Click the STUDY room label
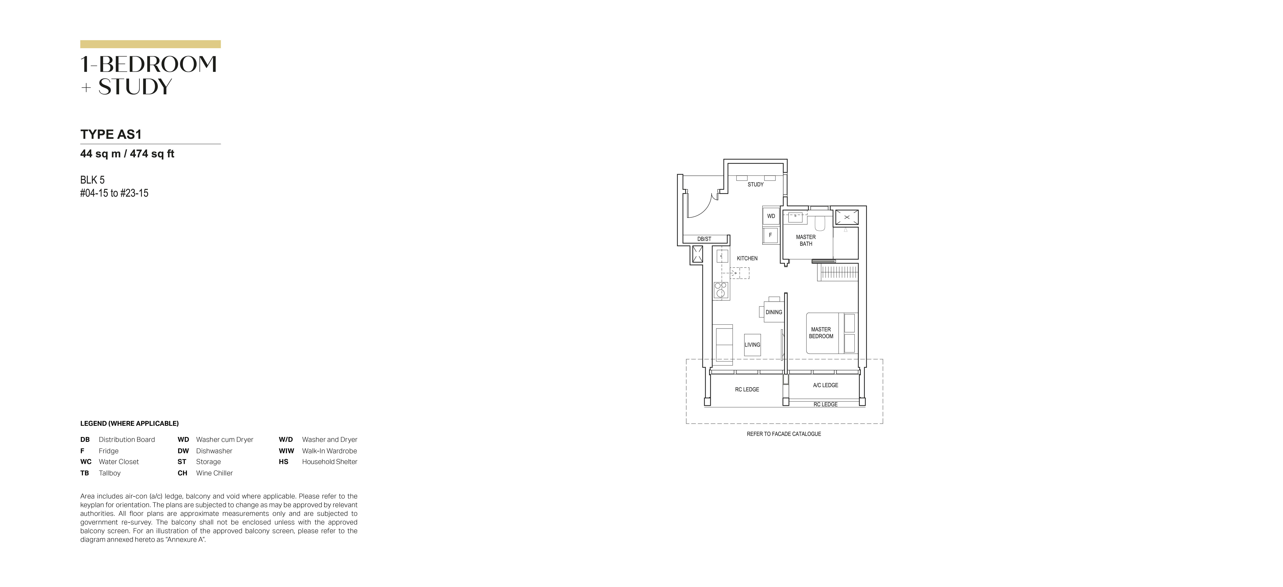tap(755, 184)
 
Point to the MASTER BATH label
tap(805, 240)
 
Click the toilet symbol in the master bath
tap(819, 222)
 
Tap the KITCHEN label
tap(747, 258)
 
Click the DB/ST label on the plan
tap(704, 239)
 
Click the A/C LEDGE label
tap(825, 385)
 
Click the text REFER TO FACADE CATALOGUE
tap(783, 434)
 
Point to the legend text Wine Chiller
tap(214, 473)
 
